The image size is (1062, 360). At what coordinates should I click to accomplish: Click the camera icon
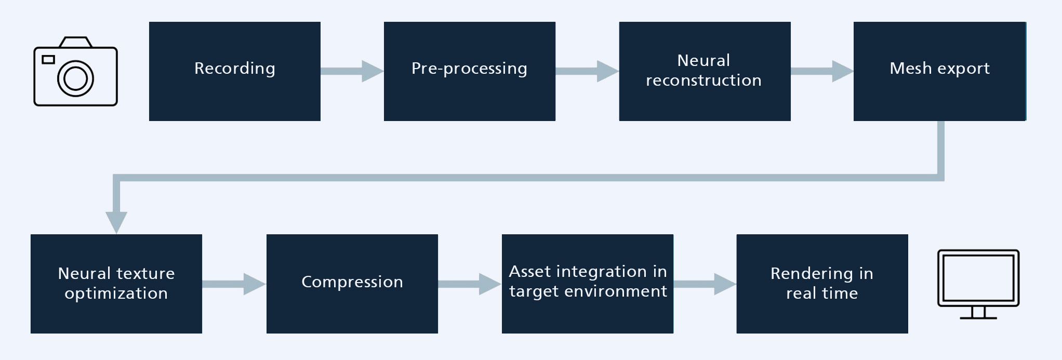coord(75,71)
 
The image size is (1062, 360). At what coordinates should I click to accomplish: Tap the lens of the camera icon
coord(75,78)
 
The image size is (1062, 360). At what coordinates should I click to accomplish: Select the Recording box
coord(235,71)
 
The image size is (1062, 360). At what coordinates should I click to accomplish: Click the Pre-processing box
coord(470,71)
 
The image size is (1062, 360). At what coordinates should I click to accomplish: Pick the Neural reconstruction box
coord(705,71)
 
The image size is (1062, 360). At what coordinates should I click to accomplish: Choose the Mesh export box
coord(939,71)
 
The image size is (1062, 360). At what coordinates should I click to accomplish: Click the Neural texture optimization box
coord(116,284)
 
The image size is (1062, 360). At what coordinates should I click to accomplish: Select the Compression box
coord(352,284)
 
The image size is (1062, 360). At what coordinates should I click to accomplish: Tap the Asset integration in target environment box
coord(588,284)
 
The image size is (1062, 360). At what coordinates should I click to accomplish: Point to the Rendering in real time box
coord(822,284)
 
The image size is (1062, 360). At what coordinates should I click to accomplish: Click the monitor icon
coord(978,284)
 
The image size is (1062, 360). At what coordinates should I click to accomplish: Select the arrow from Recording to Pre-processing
coord(352,71)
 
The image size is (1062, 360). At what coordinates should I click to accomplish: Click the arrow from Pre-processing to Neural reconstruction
coord(587,71)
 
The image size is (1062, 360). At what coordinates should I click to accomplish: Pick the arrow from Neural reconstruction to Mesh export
coord(822,71)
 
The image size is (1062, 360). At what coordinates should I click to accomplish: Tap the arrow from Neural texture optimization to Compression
coord(234,284)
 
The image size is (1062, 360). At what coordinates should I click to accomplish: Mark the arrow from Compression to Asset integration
coord(470,284)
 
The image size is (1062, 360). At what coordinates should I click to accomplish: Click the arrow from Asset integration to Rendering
coord(705,284)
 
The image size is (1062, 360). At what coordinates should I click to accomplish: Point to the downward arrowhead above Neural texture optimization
coord(116,222)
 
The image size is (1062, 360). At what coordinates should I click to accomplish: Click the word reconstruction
coord(703,81)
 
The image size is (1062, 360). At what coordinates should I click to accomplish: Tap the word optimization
coord(116,294)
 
